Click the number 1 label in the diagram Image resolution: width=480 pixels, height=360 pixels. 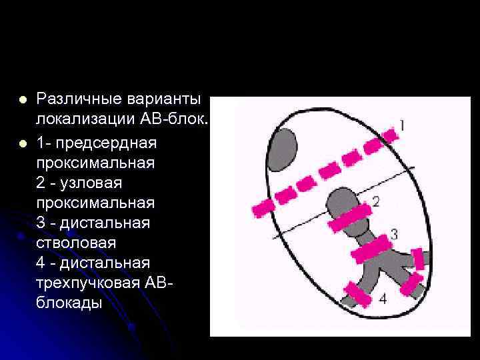tap(401, 124)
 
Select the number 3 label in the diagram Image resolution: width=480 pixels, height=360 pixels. tap(394, 234)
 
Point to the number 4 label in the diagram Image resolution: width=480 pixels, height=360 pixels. tap(382, 299)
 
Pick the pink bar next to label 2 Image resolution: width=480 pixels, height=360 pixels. tap(349, 219)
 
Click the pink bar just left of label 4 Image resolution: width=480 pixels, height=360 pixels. tap(357, 293)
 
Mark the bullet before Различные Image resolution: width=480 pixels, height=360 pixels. tap(23, 100)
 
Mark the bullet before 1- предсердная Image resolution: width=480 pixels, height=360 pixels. tap(23, 143)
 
